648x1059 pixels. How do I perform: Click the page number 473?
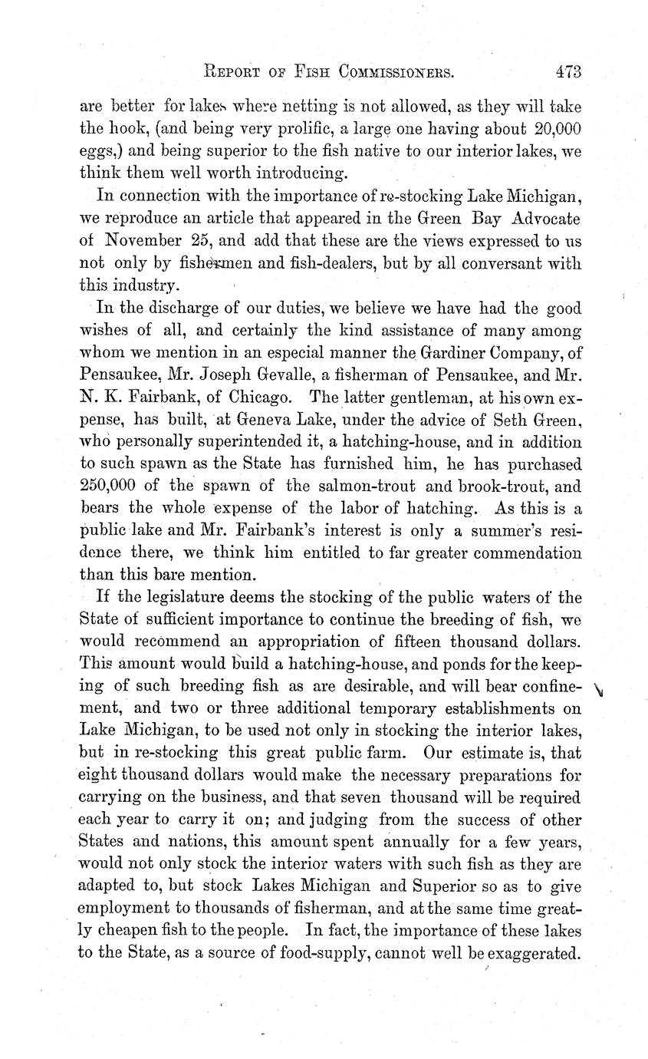click(x=567, y=72)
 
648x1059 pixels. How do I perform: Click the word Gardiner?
click(x=375, y=355)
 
